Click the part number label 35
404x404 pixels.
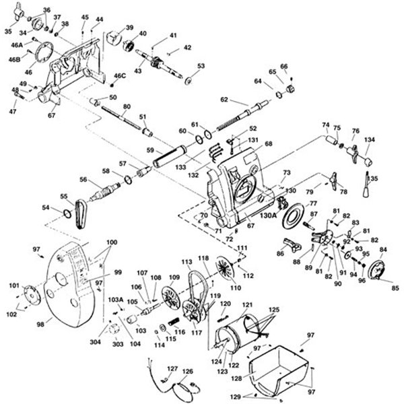pos(7,31)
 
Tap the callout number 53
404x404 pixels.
pos(201,66)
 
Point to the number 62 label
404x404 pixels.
pos(224,100)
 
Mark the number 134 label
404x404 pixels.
pos(369,140)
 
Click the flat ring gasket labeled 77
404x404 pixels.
pos(293,220)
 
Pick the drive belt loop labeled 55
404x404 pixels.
pos(81,214)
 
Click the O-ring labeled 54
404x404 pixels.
pos(67,214)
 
